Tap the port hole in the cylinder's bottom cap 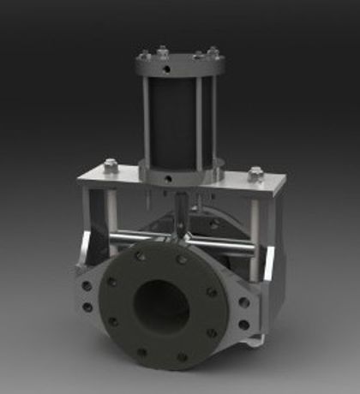coord(170,178)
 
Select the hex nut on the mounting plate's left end coord(110,166)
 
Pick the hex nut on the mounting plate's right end coord(255,174)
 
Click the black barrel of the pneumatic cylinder coord(176,120)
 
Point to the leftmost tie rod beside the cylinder coord(147,120)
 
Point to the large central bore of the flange coord(161,304)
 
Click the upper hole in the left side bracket coord(87,287)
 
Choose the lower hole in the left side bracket coord(87,307)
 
